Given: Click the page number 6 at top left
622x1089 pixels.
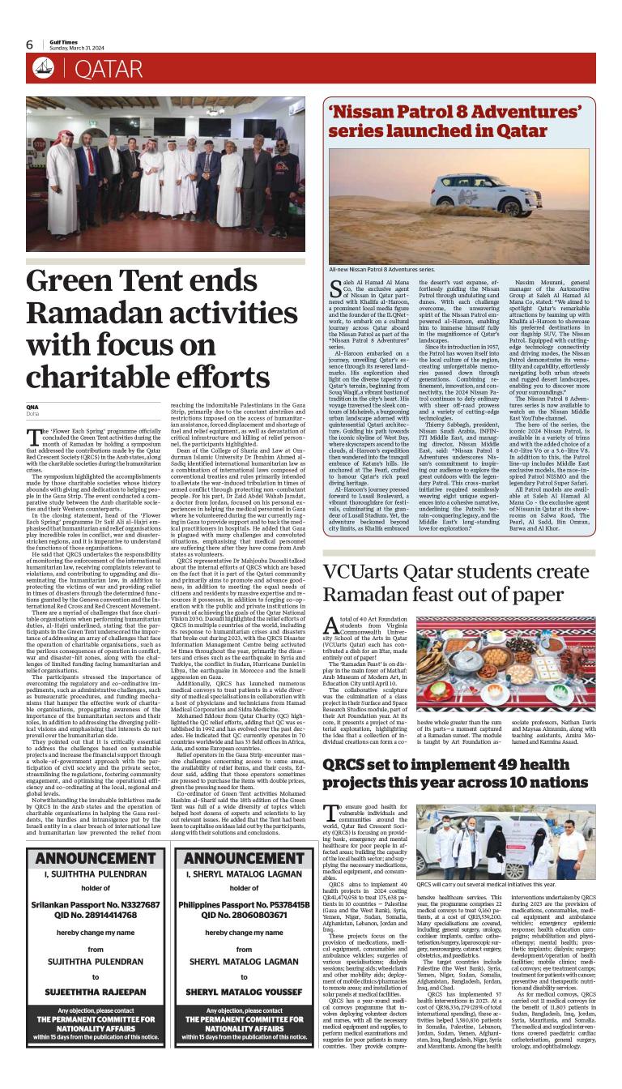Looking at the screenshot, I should pyautogui.click(x=29, y=45).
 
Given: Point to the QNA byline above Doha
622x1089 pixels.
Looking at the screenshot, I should pyautogui.click(x=32, y=406).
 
